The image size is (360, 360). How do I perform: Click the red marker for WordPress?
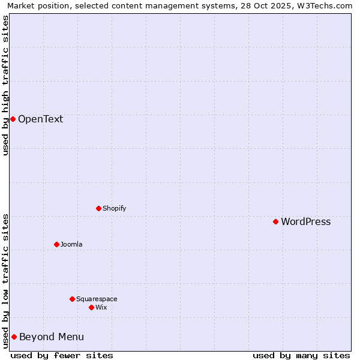(275, 222)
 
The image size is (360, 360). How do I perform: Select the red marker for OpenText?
(13, 119)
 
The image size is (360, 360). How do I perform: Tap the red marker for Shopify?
(98, 209)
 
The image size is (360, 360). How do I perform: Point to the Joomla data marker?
(56, 244)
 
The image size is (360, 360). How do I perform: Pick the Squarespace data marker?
(72, 299)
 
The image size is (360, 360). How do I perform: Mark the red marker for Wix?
(91, 307)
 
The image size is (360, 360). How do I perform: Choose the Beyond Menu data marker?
(14, 337)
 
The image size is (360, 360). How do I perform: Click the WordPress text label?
(305, 222)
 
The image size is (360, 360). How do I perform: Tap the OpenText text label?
(40, 119)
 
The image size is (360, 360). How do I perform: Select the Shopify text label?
(114, 209)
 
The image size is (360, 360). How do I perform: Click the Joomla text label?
(71, 244)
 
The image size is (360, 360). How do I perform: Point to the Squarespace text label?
(97, 299)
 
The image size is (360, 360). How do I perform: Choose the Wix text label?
(101, 307)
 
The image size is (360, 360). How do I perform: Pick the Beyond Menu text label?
(52, 337)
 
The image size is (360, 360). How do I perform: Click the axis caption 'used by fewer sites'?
(62, 355)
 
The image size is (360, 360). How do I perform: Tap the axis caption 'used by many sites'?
(301, 355)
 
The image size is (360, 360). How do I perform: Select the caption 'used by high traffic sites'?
(6, 85)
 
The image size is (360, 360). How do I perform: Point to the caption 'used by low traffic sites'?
(6, 280)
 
